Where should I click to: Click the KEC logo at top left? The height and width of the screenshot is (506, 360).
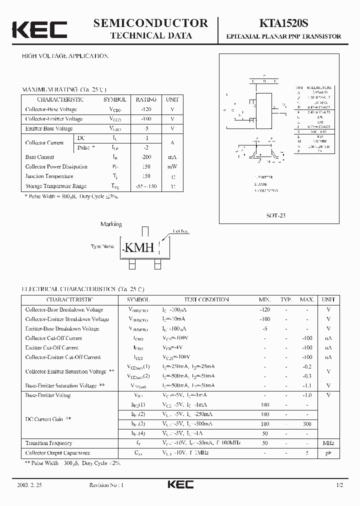pyautogui.click(x=39, y=29)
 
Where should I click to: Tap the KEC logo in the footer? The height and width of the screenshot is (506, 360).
pyautogui.click(x=180, y=484)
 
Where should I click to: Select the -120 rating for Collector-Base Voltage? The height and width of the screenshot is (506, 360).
pyautogui.click(x=146, y=109)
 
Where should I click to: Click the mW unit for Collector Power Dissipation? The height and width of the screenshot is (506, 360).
pyautogui.click(x=172, y=166)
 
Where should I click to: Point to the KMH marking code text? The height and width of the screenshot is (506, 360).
pyautogui.click(x=138, y=247)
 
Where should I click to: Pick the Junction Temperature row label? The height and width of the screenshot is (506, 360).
pyautogui.click(x=49, y=176)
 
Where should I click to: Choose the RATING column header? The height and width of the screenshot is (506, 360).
pyautogui.click(x=146, y=99)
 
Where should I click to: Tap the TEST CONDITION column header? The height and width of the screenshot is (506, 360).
pyautogui.click(x=206, y=299)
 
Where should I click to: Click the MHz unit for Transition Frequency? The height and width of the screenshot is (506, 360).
pyautogui.click(x=328, y=443)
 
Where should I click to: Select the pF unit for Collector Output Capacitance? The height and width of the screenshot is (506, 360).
pyautogui.click(x=328, y=452)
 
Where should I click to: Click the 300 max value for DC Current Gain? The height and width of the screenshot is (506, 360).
pyautogui.click(x=306, y=424)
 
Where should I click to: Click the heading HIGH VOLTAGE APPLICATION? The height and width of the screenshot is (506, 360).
pyautogui.click(x=65, y=56)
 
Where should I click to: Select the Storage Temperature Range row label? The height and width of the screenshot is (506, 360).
pyautogui.click(x=56, y=186)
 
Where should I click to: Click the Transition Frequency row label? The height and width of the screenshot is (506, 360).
pyautogui.click(x=48, y=443)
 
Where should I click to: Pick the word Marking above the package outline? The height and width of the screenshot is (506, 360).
pyautogui.click(x=111, y=224)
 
